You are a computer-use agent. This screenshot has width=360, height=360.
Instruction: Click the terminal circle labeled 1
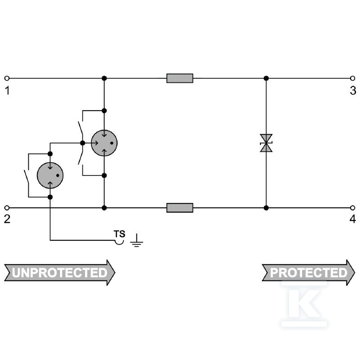click(x=7, y=78)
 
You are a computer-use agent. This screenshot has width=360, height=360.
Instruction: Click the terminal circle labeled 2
click(x=7, y=208)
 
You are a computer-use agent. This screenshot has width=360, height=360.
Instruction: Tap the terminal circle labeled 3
click(x=353, y=78)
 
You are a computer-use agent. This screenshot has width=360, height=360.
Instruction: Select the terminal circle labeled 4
click(x=353, y=208)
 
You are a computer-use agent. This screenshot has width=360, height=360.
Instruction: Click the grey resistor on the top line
click(x=180, y=78)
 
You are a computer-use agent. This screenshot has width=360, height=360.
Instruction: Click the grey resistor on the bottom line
click(x=180, y=208)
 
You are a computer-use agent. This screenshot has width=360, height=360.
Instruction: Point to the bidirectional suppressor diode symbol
click(x=266, y=143)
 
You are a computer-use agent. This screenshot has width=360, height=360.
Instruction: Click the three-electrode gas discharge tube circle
click(x=104, y=143)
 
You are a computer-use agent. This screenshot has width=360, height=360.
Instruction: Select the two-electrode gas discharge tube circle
click(x=50, y=175)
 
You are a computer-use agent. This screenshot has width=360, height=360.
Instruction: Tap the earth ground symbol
click(x=137, y=241)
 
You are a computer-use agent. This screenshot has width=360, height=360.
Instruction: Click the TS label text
click(x=119, y=234)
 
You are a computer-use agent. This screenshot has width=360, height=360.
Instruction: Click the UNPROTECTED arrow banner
click(x=60, y=273)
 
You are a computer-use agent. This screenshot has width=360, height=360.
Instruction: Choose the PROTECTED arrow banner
click(x=308, y=273)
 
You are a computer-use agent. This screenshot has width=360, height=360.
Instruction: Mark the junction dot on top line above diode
click(x=266, y=78)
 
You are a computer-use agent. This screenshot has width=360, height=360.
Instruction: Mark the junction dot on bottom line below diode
click(x=266, y=208)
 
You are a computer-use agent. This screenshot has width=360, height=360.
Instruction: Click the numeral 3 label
click(x=353, y=90)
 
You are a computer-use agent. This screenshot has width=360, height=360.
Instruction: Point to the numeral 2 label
click(x=7, y=219)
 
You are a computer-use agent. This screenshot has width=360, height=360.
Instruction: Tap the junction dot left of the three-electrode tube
click(x=83, y=143)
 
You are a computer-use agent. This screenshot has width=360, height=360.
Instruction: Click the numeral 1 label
click(x=8, y=90)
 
